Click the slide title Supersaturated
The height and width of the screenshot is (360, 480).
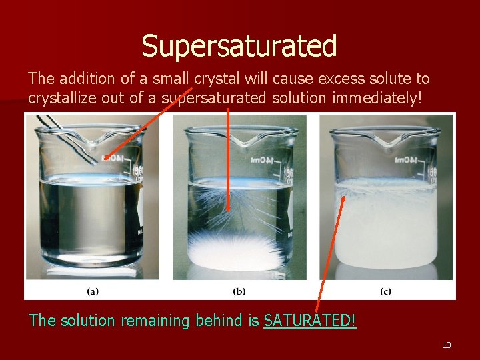pos(239,46)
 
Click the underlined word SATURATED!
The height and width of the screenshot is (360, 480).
pos(310,321)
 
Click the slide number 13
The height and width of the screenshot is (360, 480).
pos(447,345)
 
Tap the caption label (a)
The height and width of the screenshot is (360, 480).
pos(93,291)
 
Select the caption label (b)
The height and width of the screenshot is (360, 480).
pos(239,291)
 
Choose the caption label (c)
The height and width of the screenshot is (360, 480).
pos(385,291)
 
